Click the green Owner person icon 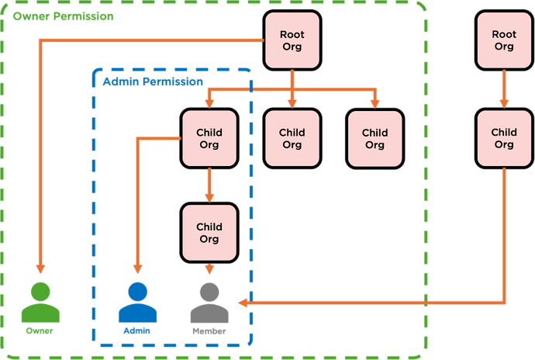coord(40,303)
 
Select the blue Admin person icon coord(137,303)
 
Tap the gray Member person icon coord(209,303)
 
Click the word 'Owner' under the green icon coord(40,331)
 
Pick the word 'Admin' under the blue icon coord(137,331)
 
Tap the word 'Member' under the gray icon coord(209,331)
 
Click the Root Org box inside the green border coord(292,41)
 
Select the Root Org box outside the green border coord(504,41)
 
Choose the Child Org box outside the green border coord(504,138)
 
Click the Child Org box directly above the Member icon coord(209,233)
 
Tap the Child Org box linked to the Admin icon coord(209,138)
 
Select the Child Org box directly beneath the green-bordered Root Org coord(292,138)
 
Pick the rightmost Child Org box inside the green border coord(374,138)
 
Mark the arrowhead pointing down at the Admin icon coord(138,268)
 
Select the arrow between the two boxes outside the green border coord(504,89)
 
